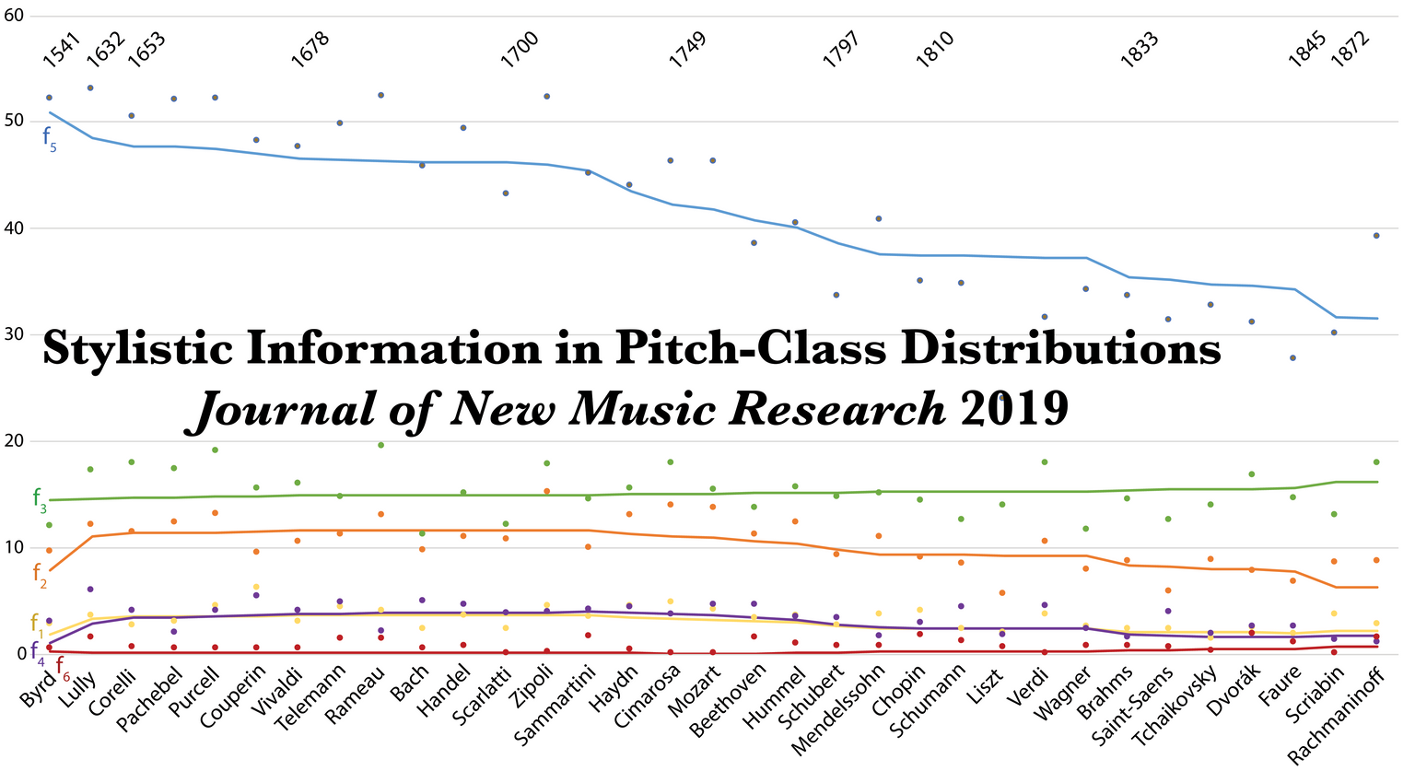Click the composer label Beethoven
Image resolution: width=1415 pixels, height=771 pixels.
tap(728, 701)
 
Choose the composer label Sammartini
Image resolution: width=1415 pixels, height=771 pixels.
tap(555, 707)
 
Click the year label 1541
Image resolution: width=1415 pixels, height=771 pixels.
tap(62, 51)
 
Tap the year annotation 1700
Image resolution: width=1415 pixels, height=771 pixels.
tap(520, 50)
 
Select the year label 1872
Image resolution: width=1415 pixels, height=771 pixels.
tap(1350, 50)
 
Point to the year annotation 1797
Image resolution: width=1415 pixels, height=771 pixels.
tap(840, 50)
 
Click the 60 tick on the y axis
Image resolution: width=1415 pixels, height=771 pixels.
tap(13, 15)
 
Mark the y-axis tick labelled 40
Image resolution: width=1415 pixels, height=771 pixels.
tap(13, 228)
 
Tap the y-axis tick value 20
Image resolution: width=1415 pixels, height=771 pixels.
tap(13, 440)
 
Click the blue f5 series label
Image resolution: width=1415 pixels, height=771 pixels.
tap(49, 138)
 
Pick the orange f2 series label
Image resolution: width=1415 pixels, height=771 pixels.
tap(40, 575)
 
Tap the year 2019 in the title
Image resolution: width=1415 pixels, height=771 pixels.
tap(1013, 408)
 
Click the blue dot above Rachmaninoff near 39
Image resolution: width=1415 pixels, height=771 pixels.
tap(1376, 236)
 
